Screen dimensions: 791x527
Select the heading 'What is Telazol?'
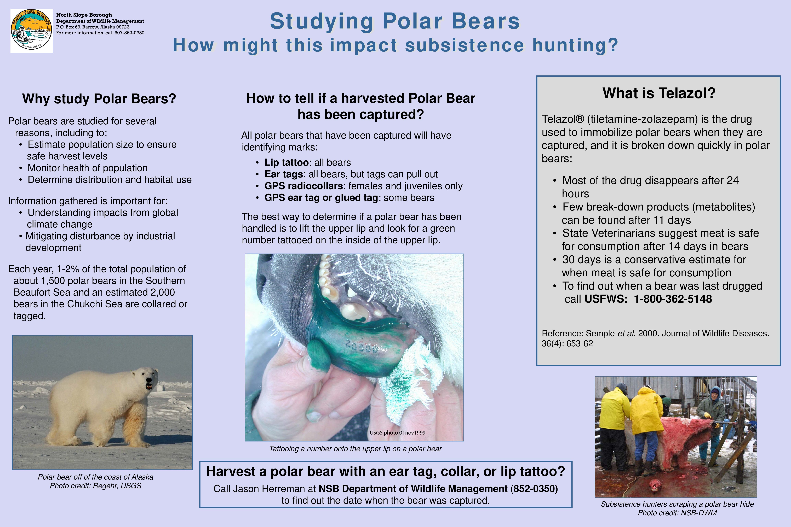click(659, 93)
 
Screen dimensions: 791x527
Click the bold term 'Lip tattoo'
click(286, 163)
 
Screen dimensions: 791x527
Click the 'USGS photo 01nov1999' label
click(398, 432)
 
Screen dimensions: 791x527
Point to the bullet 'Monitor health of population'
click(87, 168)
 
